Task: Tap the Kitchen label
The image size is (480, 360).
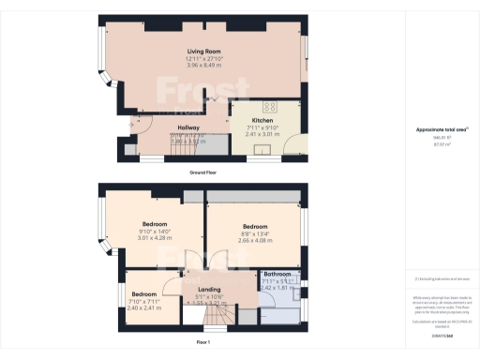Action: point(262,120)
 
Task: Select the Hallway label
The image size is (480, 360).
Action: point(191,128)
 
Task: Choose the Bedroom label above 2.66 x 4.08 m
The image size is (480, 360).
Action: point(255,227)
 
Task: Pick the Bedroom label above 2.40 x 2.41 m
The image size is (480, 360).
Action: point(144,294)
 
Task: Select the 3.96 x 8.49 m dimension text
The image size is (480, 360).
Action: point(203,67)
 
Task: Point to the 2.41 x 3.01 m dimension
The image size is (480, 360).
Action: point(262,134)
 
